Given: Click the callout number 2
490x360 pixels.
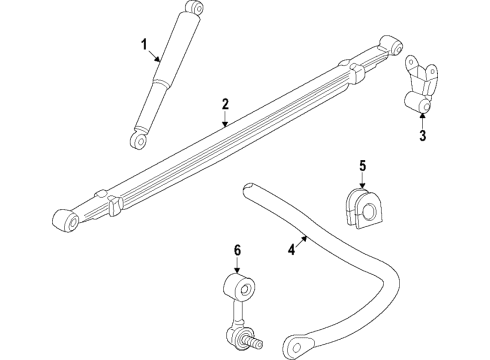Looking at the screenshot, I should tap(226, 104).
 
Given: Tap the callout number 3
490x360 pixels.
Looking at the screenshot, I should tap(423, 135).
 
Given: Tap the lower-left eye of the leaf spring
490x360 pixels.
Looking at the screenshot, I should tap(67, 219).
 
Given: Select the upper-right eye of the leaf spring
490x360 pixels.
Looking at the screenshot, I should tap(394, 46).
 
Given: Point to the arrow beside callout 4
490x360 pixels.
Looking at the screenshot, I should tap(304, 240).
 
